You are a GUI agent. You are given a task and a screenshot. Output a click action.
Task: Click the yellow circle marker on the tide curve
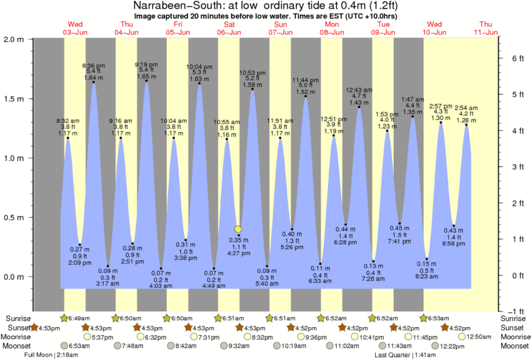tap(237, 229)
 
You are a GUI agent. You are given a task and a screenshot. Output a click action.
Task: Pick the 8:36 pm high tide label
tap(93, 65)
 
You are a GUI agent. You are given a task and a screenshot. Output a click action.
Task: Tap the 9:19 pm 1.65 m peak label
tap(147, 64)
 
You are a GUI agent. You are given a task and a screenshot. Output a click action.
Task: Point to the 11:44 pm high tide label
tap(305, 80)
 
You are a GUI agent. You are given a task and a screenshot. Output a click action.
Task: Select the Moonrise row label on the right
tap(514, 337)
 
